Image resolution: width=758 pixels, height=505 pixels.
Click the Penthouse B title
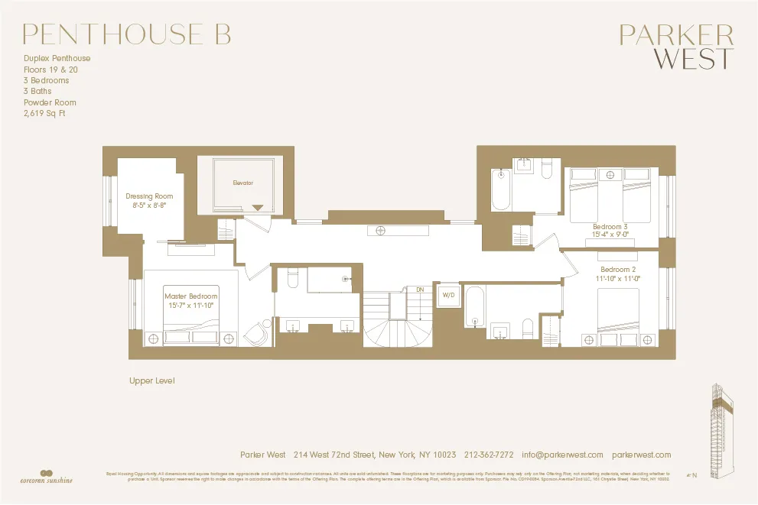click(126, 34)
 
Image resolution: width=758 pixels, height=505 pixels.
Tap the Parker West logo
click(675, 47)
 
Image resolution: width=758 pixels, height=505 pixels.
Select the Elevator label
click(242, 183)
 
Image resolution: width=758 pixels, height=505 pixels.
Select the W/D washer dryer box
click(448, 295)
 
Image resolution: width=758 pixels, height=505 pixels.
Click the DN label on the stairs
click(420, 290)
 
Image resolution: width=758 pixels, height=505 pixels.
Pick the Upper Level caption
click(152, 380)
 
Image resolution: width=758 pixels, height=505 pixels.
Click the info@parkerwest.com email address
click(563, 455)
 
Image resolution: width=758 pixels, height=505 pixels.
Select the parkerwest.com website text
click(642, 455)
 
